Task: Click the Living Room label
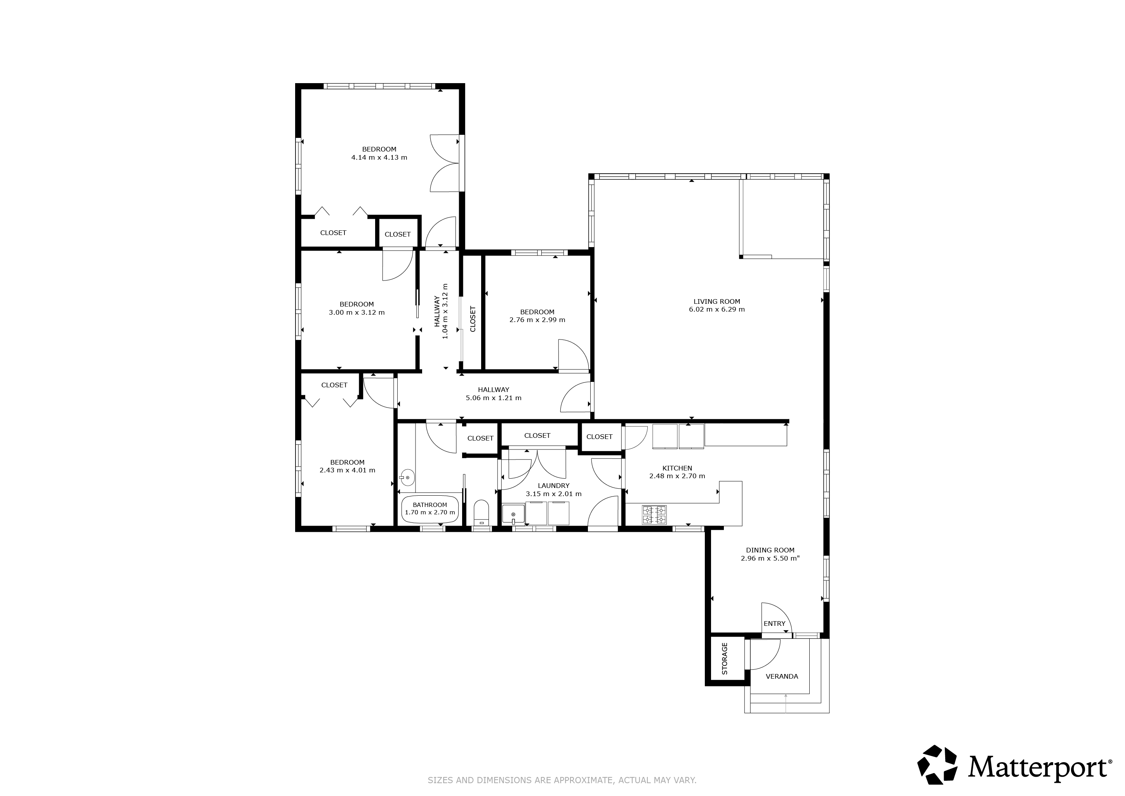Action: tap(716, 301)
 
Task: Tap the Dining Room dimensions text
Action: tap(770, 558)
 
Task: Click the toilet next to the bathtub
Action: tap(482, 513)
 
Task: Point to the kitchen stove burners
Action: tap(654, 515)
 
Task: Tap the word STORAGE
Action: tap(725, 659)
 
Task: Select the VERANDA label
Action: tap(782, 676)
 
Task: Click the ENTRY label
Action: tap(774, 624)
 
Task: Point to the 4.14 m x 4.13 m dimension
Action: tap(379, 157)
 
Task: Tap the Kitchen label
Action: tap(677, 468)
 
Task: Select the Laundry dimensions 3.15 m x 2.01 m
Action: tap(554, 494)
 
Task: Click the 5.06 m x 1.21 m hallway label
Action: tap(494, 398)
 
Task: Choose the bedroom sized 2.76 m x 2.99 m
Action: tap(537, 316)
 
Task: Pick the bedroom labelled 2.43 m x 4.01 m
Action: tap(348, 466)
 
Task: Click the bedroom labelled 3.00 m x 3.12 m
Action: tap(357, 308)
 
